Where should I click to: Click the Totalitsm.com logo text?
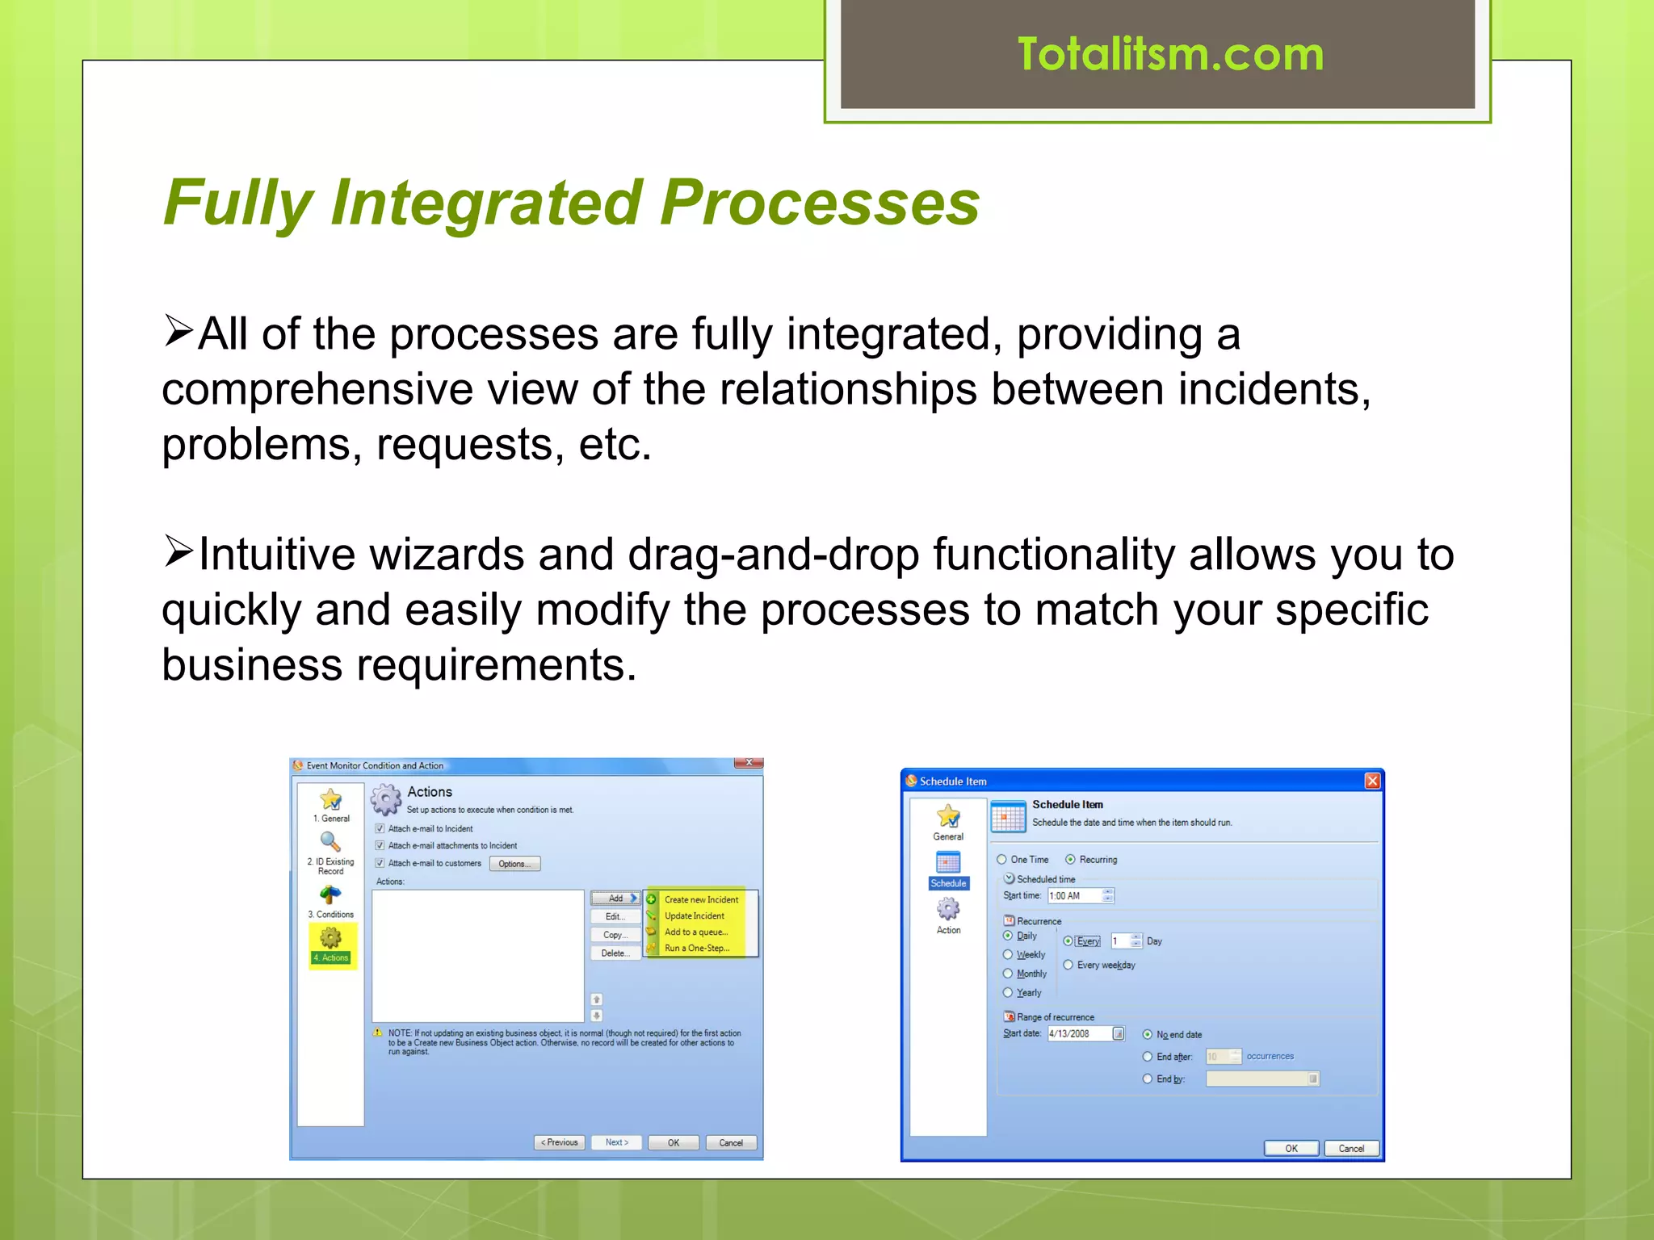1170,55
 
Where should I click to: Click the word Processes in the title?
819,203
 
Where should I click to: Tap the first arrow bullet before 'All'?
178,330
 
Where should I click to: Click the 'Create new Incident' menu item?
700,899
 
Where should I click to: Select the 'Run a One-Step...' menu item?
696,949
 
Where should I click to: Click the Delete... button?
615,953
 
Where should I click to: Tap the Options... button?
514,864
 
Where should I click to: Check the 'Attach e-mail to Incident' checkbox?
380,829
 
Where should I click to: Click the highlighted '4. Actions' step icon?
331,939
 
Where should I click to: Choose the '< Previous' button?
559,1142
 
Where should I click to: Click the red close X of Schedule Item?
1372,781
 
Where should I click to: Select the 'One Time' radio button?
1001,860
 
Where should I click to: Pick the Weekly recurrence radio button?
1008,955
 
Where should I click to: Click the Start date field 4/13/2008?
1079,1034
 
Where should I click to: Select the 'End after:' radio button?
1148,1057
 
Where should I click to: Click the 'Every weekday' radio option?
1068,965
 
